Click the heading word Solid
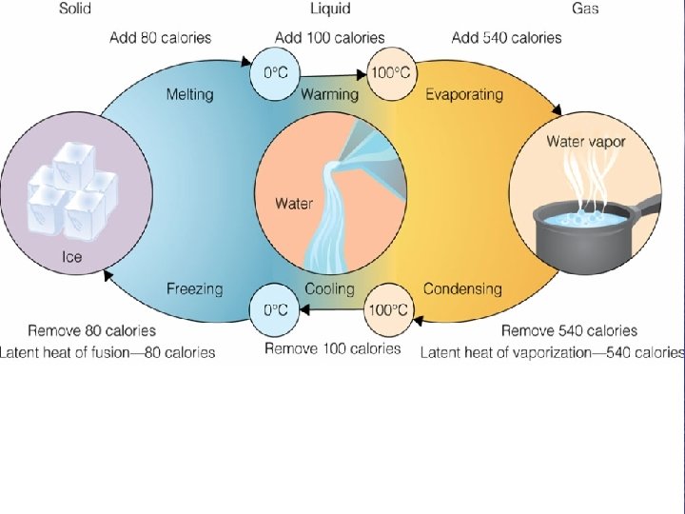click(x=75, y=9)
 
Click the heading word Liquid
click(x=329, y=9)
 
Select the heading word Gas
click(x=584, y=9)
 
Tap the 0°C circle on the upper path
click(x=274, y=71)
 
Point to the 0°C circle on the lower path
click(x=274, y=309)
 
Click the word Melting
click(x=189, y=94)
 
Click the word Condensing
click(x=462, y=288)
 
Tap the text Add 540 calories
click(x=506, y=38)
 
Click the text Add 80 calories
click(x=160, y=38)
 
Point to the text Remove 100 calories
click(x=332, y=348)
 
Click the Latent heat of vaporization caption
click(x=553, y=352)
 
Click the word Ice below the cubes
click(x=73, y=256)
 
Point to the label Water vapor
click(x=585, y=142)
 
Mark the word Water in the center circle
click(x=294, y=203)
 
